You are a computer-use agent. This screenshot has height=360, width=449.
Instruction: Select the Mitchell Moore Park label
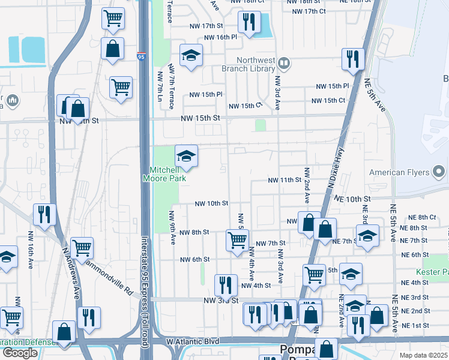click(x=164, y=174)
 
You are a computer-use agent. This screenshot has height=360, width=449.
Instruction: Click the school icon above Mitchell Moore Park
click(x=186, y=157)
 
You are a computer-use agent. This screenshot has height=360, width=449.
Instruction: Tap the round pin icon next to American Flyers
click(x=439, y=173)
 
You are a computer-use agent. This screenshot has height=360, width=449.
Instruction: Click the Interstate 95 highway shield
click(x=141, y=57)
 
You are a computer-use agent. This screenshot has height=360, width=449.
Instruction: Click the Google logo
click(x=20, y=353)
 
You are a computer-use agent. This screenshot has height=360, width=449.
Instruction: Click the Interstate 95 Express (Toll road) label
click(x=143, y=282)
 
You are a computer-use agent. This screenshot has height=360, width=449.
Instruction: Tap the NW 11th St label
click(x=284, y=180)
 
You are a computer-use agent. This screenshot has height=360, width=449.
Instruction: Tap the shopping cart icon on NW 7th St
click(x=237, y=239)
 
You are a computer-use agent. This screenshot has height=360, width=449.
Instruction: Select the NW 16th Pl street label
click(x=221, y=37)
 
